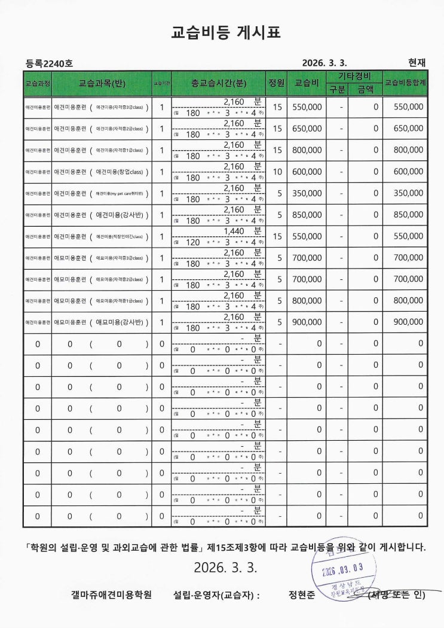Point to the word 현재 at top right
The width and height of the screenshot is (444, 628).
(x=417, y=62)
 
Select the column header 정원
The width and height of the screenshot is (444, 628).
(x=277, y=83)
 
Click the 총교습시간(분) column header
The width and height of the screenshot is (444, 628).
(x=219, y=83)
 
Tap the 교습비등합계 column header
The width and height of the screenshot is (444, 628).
(x=405, y=83)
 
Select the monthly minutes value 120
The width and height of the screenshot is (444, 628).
(x=193, y=242)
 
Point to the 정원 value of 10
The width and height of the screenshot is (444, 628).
(x=277, y=172)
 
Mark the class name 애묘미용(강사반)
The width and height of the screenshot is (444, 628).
(x=120, y=322)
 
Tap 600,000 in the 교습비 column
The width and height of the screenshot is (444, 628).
(x=308, y=172)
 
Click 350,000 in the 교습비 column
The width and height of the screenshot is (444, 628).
(x=308, y=193)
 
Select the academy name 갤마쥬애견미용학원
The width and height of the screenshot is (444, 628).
(x=111, y=595)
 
